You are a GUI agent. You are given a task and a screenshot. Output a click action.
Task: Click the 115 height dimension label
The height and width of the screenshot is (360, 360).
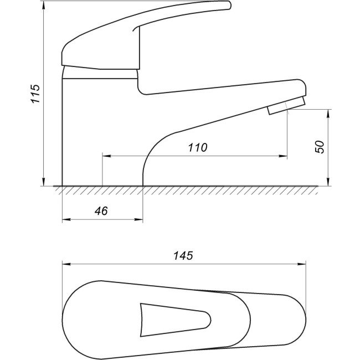[x=36, y=94]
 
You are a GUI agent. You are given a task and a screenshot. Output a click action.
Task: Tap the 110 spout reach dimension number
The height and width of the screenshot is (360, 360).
[x=198, y=147]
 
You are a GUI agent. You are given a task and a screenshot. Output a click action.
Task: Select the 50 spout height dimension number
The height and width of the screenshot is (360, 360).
[x=320, y=147]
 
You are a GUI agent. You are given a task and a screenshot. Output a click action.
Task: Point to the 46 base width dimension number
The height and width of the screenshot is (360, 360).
[x=101, y=211]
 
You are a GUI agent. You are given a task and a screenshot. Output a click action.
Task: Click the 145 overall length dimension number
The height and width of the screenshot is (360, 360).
[x=183, y=255]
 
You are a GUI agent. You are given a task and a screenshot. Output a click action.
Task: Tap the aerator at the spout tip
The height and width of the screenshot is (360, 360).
[x=286, y=106]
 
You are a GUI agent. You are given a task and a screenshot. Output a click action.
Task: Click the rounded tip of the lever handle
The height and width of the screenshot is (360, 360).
[x=228, y=5]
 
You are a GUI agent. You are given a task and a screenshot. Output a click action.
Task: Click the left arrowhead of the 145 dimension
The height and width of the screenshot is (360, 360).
[x=66, y=264]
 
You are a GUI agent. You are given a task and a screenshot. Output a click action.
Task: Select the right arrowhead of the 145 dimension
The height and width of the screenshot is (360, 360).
[x=302, y=264]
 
